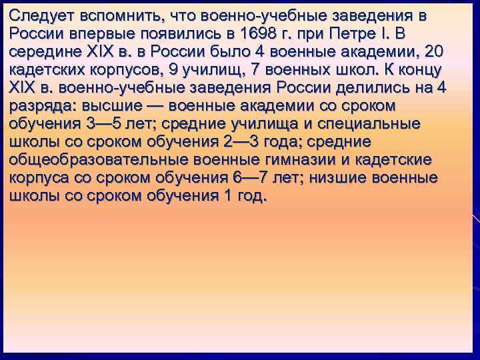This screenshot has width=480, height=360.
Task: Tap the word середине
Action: [x=43, y=51]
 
